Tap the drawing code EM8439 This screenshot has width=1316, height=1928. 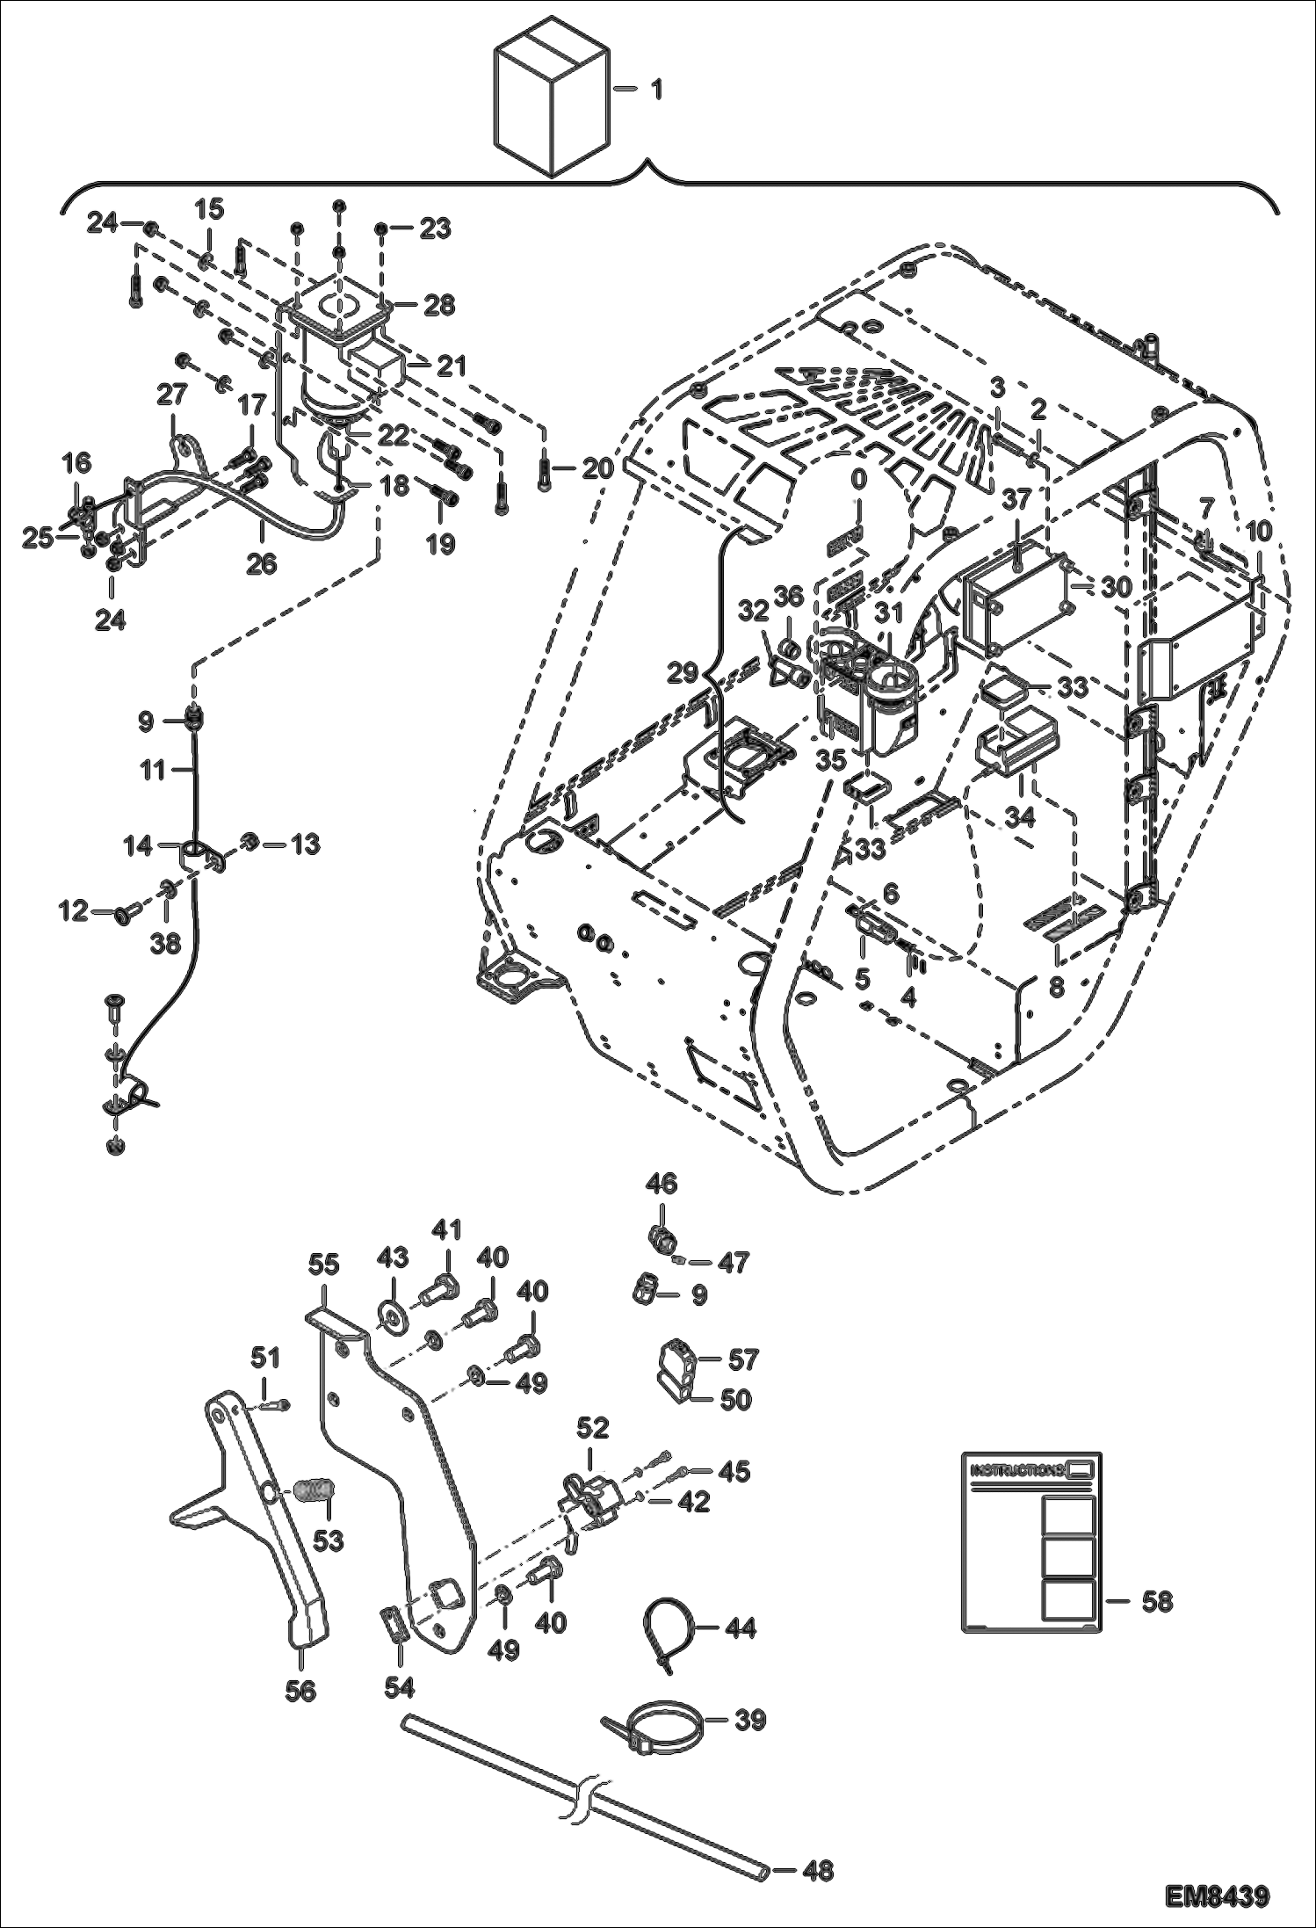[1218, 1892]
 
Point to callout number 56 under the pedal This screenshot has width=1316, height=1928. [300, 1690]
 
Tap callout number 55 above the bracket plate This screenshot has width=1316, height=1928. [323, 1265]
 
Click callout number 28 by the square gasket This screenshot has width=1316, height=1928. [439, 305]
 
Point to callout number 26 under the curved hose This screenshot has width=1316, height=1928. [261, 563]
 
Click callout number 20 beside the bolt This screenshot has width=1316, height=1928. [597, 468]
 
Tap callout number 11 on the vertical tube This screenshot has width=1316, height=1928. [153, 771]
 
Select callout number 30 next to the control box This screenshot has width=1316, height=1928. [1116, 586]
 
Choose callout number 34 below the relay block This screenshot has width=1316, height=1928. [1020, 816]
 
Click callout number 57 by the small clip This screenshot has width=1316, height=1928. [742, 1359]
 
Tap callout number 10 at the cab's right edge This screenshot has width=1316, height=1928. [1258, 531]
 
